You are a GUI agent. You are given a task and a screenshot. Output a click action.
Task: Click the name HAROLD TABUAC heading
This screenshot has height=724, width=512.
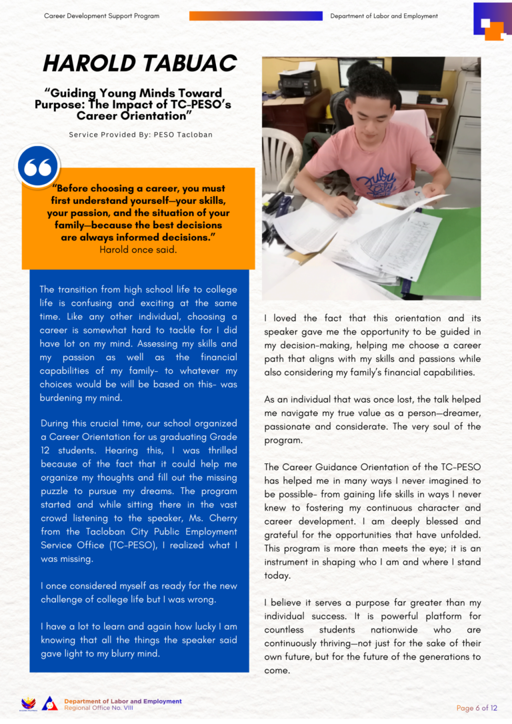click(x=139, y=63)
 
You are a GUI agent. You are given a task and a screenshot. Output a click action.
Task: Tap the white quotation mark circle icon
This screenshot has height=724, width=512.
click(x=38, y=167)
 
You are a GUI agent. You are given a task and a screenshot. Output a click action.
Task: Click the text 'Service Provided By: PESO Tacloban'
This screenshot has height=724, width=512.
click(x=141, y=135)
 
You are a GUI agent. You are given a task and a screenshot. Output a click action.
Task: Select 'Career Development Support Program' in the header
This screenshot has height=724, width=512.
click(x=101, y=16)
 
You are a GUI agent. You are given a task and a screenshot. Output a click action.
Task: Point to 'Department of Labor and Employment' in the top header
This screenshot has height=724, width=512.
click(x=384, y=16)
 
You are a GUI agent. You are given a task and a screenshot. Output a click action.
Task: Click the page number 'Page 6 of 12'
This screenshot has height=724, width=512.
click(x=477, y=708)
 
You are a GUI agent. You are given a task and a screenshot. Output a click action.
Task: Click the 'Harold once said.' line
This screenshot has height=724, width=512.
click(x=138, y=250)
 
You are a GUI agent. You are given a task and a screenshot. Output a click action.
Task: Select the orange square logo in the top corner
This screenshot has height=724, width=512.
click(x=494, y=30)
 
